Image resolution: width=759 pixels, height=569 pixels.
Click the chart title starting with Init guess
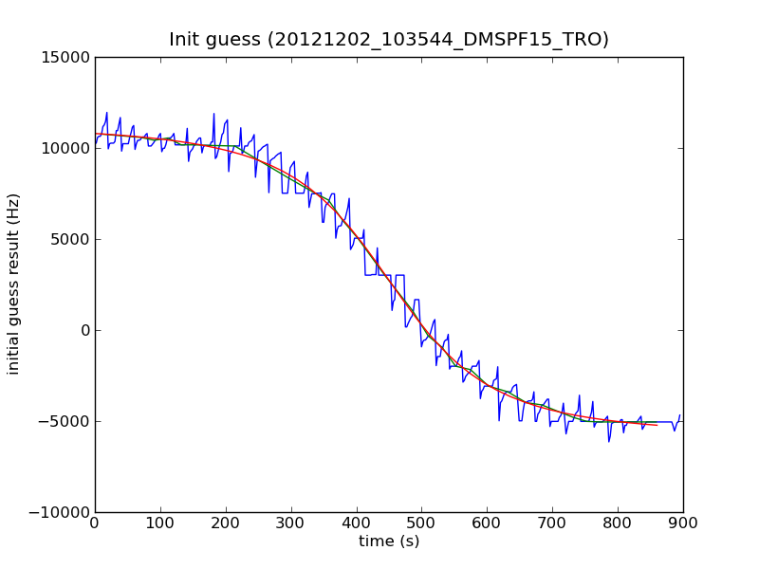point(389,40)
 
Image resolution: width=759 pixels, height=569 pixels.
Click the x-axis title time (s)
point(389,541)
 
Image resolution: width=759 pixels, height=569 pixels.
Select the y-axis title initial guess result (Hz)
point(14,284)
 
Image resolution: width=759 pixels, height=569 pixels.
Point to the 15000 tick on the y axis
point(66,57)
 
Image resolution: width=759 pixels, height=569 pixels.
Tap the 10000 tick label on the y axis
point(66,148)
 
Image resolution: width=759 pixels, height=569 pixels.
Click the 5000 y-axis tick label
point(70,239)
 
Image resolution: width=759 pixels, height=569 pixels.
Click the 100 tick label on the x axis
point(160,523)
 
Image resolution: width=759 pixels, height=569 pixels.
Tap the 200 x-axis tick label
point(226,523)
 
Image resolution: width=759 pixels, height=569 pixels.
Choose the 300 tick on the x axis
point(291,523)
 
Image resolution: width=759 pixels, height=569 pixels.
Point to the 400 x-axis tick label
point(357,523)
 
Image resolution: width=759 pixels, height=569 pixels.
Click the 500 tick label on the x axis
point(421,523)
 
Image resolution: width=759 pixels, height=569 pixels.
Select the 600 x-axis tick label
point(487,523)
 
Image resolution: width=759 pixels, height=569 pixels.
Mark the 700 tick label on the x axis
point(552,523)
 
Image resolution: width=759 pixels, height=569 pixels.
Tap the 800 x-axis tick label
point(618,523)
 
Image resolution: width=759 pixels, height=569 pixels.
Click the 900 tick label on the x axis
point(683,523)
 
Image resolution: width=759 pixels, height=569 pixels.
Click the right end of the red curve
point(657,425)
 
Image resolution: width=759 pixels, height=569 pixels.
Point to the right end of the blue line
point(679,415)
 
